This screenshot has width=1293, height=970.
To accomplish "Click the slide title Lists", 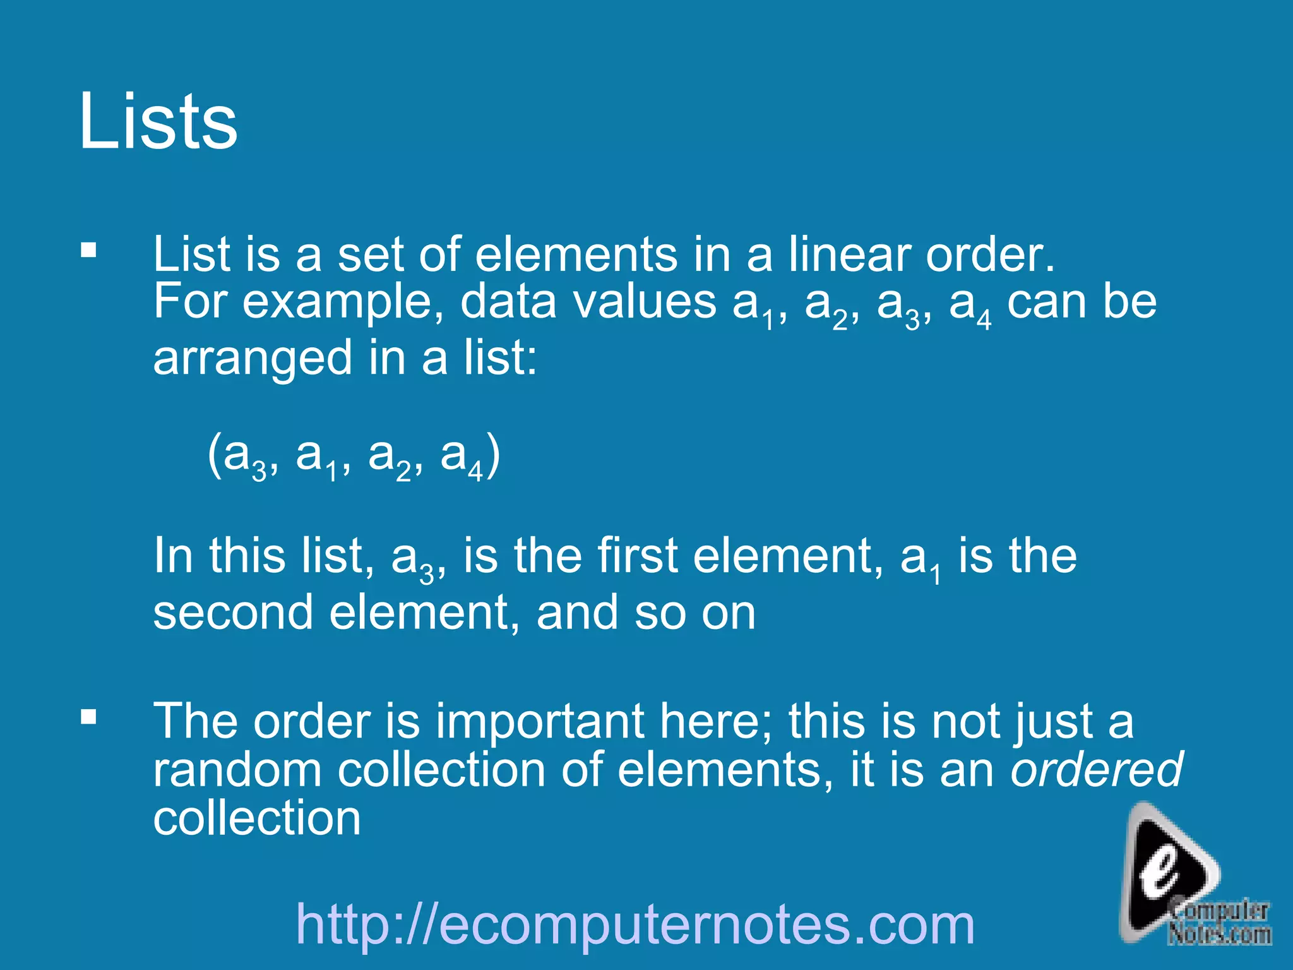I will coord(158,121).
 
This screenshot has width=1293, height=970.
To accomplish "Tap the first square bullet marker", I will coord(88,251).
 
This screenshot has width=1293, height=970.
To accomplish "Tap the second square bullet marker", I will coord(88,717).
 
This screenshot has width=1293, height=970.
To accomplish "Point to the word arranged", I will coord(252,359).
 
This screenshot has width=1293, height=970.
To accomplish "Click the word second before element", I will coord(233,613).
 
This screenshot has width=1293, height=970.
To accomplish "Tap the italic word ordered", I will coord(1096,770).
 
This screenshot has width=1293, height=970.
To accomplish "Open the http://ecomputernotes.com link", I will coord(635,925).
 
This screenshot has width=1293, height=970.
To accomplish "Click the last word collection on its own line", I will coord(257,818).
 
